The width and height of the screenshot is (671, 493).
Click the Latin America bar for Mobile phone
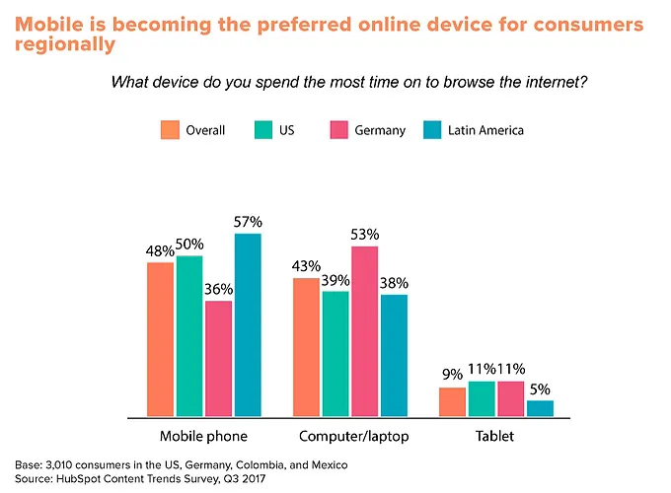248,325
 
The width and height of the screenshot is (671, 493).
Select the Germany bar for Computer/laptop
365,331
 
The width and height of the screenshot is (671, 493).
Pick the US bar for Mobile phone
189,336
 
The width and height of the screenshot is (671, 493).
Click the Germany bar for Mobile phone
219,359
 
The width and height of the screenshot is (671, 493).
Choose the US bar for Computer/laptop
335,354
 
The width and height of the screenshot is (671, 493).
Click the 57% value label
248,223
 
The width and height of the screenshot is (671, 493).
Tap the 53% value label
365,235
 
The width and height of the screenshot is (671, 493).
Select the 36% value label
219,290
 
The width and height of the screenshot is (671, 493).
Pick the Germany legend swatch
336,130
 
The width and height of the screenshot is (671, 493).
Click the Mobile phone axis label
203,435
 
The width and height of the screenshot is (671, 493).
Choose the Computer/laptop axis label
351,435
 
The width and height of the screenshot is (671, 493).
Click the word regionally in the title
63,45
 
